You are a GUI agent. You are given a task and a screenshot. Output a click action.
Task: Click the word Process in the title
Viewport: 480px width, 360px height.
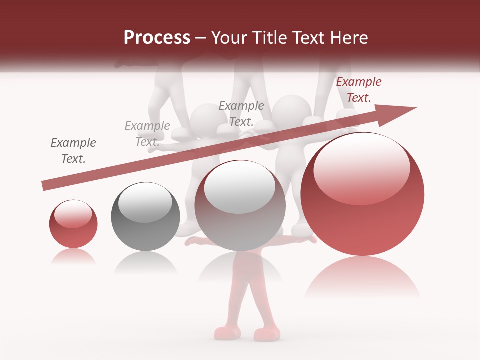pyautogui.click(x=157, y=38)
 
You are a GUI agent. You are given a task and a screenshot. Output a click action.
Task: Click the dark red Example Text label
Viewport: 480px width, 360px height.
pyautogui.click(x=358, y=90)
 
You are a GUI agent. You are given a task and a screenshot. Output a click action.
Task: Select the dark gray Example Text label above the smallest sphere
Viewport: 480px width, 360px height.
pyautogui.click(x=73, y=151)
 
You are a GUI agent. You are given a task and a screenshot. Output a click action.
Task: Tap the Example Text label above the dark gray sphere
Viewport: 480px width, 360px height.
pyautogui.click(x=147, y=134)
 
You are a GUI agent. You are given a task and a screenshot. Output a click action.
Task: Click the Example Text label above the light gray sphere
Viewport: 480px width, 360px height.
pyautogui.click(x=241, y=113)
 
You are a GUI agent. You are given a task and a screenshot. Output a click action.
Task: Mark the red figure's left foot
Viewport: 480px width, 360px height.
pyautogui.click(x=223, y=332)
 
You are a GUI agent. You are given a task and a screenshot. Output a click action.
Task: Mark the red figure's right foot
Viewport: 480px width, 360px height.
pyautogui.click(x=266, y=333)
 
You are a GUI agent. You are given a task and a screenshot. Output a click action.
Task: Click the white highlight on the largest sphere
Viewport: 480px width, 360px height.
pyautogui.click(x=361, y=170)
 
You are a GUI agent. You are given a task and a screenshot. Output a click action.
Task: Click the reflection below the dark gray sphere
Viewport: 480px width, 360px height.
pyautogui.click(x=145, y=262)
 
